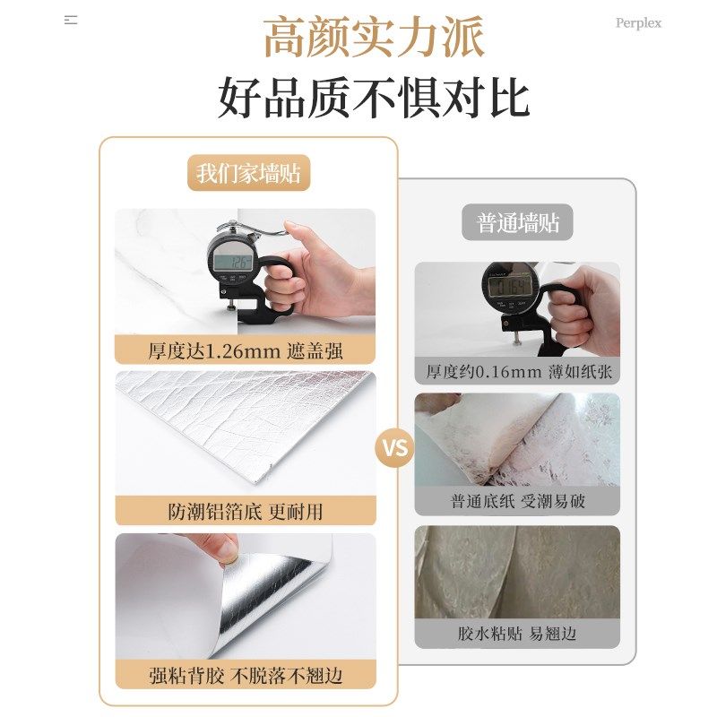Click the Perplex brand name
(x=638, y=23)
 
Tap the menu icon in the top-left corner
(x=71, y=20)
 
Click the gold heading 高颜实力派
(x=374, y=39)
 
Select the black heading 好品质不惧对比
(x=374, y=99)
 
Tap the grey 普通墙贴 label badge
(x=517, y=222)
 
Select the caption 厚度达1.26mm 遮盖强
(x=246, y=350)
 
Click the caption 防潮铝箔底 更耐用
(x=246, y=511)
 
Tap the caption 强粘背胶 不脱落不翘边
(x=246, y=674)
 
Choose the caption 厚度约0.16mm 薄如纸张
(x=517, y=371)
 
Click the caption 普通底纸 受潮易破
(x=517, y=501)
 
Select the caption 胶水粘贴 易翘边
(x=517, y=634)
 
